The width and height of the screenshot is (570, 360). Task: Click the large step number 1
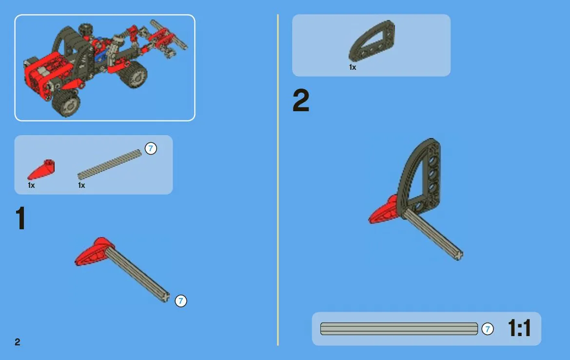point(20,218)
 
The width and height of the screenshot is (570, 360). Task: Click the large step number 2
point(301,100)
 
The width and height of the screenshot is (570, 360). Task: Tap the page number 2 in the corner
point(18,342)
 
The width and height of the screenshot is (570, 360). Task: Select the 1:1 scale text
point(519,328)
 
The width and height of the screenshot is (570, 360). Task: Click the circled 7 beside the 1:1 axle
point(488,329)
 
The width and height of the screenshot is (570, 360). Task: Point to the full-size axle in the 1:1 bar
point(399,329)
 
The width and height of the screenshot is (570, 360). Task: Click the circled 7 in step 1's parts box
point(151,148)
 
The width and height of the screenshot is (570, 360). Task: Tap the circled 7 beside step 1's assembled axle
point(181,300)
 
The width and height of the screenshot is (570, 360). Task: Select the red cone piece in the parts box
point(41,170)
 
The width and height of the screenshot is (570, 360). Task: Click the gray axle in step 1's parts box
point(109,164)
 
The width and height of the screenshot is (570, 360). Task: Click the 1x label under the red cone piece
point(31,185)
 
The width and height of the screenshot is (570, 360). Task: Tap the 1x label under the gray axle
point(81,185)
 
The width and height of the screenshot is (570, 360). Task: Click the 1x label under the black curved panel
point(353,67)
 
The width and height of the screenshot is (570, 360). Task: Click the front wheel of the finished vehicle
point(66,102)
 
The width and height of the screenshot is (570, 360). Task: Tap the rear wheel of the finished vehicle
point(134,74)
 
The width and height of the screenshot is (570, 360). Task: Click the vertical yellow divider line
point(278,180)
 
